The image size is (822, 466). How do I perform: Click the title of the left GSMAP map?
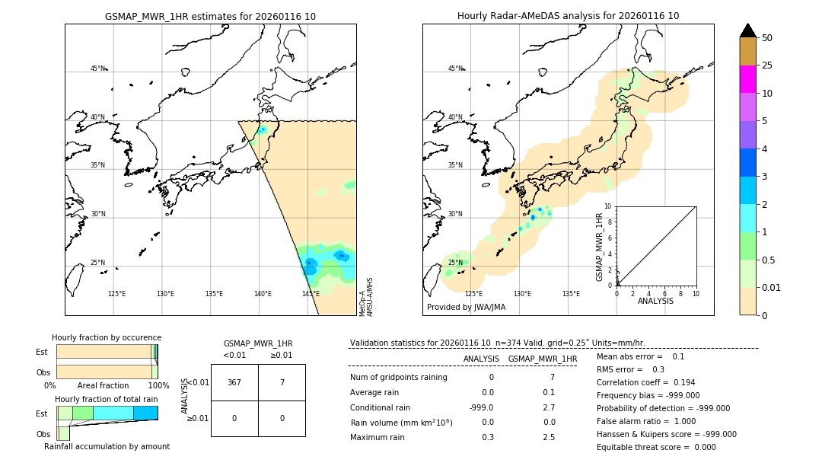(210, 16)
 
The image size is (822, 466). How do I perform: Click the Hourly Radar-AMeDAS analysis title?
(568, 16)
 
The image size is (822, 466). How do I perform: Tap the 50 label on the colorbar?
(767, 38)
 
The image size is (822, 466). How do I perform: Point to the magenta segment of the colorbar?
(747, 79)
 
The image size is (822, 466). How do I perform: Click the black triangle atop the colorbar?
(747, 30)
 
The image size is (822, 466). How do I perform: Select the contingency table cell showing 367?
(234, 382)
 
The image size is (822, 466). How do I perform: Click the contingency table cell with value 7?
(282, 382)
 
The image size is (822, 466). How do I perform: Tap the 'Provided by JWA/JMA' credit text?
(466, 307)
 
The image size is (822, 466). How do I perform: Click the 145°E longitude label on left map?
(311, 294)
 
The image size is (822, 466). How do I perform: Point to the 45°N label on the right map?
(454, 69)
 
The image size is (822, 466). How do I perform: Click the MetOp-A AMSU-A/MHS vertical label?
(365, 297)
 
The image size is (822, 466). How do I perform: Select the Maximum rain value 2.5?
(548, 437)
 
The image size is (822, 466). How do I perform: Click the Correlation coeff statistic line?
(645, 382)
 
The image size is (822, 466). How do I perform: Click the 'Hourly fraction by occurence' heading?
(107, 337)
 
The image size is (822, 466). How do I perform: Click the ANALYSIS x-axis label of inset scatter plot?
(655, 301)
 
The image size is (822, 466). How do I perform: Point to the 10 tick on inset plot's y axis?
(608, 206)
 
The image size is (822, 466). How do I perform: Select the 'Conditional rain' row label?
(381, 407)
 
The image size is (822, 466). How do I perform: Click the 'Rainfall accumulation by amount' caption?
(107, 447)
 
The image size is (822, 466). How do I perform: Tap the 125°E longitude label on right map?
(473, 294)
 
